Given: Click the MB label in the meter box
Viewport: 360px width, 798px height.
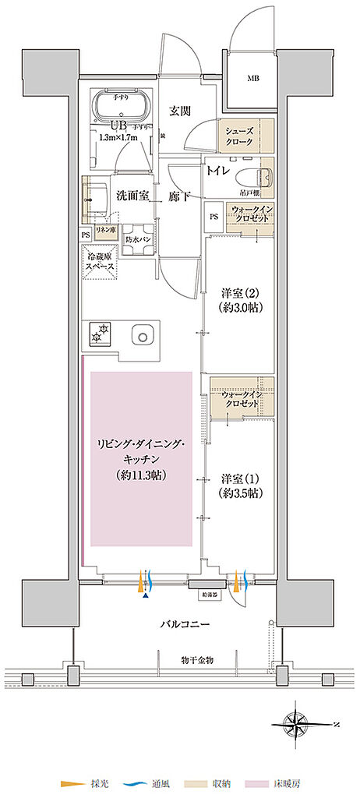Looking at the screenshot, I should click(x=254, y=79).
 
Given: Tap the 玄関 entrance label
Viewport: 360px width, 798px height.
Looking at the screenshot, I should click(x=181, y=111).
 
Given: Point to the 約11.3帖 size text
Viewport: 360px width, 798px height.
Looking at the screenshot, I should click(x=141, y=474).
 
